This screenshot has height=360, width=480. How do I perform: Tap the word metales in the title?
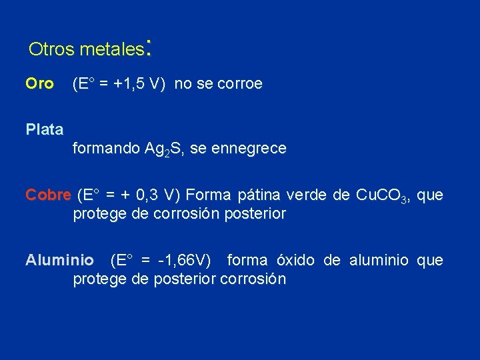[112, 49]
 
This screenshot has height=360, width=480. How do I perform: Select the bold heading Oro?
[39, 84]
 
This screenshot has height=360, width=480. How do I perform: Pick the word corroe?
[240, 84]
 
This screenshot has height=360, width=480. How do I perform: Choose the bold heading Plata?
[45, 129]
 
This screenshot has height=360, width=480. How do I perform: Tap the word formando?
[106, 149]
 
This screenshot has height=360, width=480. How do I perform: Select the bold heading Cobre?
[48, 195]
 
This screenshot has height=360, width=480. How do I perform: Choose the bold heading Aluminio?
[60, 260]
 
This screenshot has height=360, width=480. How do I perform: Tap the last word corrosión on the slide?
[253, 279]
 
